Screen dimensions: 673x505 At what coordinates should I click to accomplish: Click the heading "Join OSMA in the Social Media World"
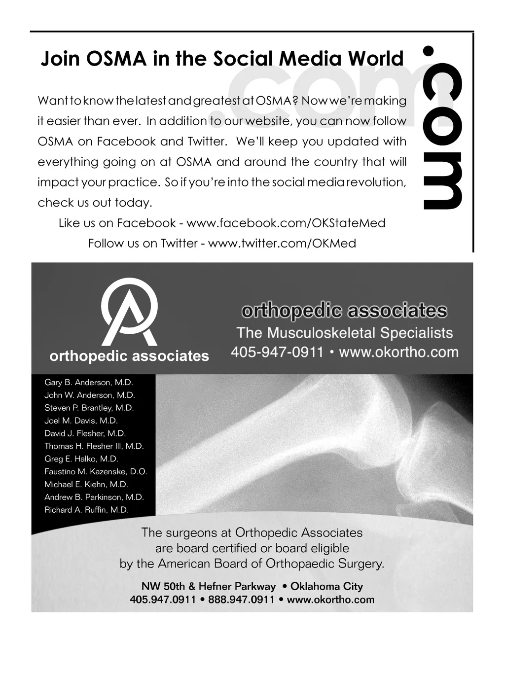222,59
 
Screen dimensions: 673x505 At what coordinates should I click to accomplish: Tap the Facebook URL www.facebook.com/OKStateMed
286,223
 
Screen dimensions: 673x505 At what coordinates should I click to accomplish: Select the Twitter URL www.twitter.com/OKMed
282,244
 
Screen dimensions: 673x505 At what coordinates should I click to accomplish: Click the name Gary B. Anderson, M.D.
89,383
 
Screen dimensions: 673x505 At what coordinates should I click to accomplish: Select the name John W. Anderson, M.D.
90,395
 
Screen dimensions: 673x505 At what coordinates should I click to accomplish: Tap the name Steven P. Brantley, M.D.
89,408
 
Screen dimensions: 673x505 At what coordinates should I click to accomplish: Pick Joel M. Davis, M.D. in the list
81,421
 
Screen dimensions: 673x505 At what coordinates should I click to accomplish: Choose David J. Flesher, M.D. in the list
85,434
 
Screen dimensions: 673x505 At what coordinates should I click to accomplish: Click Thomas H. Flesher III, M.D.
94,446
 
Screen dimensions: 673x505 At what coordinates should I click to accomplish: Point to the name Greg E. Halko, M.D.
81,459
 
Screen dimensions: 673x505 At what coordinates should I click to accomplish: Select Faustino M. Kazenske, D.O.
96,472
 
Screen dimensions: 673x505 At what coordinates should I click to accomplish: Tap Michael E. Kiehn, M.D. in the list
86,485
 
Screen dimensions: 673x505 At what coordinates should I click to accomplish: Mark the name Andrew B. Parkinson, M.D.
94,497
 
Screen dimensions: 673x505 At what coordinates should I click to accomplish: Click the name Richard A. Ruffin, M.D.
86,510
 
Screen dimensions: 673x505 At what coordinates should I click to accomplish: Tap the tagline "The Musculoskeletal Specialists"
344,333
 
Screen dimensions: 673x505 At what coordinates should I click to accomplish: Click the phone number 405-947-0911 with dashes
277,353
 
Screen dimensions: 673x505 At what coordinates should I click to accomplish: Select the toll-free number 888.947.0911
241,600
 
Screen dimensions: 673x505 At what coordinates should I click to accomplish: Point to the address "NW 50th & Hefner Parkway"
209,587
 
